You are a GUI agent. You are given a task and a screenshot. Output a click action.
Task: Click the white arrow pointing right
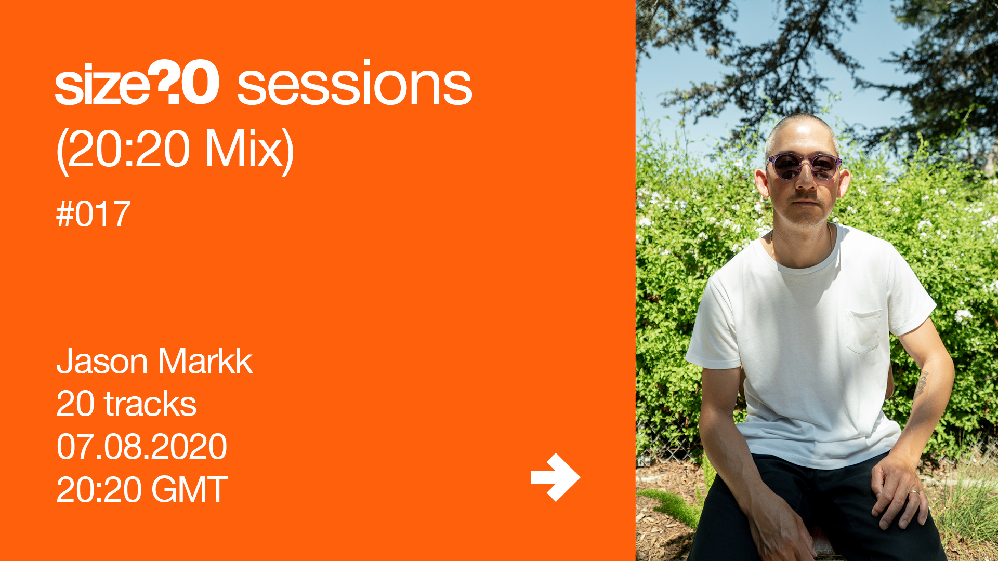(x=555, y=477)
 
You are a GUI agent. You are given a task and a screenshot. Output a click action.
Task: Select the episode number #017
(x=93, y=214)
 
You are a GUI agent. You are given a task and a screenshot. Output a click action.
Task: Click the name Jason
(x=103, y=361)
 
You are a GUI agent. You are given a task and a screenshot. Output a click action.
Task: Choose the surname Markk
(x=206, y=361)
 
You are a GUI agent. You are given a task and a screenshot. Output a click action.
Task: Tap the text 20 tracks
(x=126, y=404)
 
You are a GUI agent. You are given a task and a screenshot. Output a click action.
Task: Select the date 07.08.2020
(x=141, y=447)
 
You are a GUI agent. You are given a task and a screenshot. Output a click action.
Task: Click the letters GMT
(x=190, y=489)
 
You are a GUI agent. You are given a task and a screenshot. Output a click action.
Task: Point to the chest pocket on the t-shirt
(x=863, y=331)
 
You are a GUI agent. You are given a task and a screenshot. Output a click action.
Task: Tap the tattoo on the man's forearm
(x=922, y=383)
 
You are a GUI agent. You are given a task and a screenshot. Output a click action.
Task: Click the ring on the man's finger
(x=914, y=491)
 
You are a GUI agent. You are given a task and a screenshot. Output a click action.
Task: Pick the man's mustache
(x=806, y=196)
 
